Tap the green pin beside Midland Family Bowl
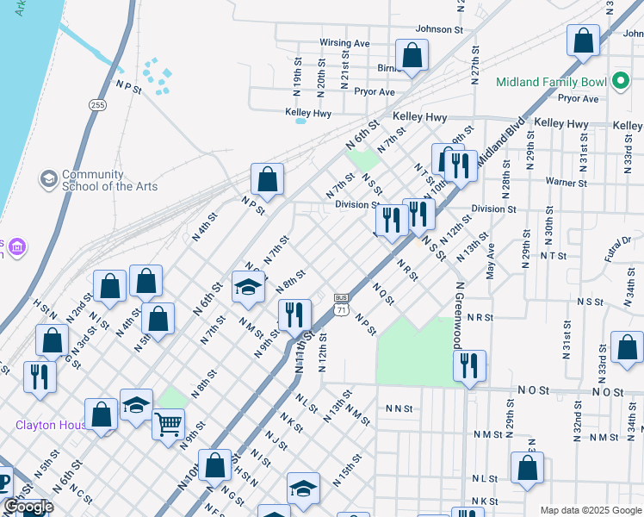pos(619,83)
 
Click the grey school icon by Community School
pos(49,179)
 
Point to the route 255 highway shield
pos(97,104)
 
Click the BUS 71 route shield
pos(342,303)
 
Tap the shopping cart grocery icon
pos(168,423)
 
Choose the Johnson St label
pos(439,29)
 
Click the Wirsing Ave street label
pos(344,43)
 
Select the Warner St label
pos(566,183)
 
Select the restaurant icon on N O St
pos(469,366)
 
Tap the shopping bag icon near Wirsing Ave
pos(412,55)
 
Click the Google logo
pos(28,507)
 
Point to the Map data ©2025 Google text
pos(590,510)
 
